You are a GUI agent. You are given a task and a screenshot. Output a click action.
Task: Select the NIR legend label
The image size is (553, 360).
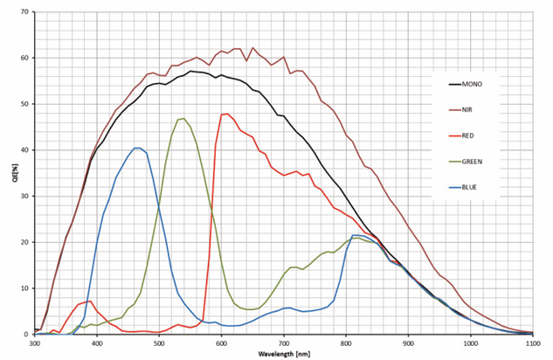480,109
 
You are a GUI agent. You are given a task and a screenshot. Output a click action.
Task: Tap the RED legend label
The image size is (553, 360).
480,135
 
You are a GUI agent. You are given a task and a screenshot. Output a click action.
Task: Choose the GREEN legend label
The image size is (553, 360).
485,161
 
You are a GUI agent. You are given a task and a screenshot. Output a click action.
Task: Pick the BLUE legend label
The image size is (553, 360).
482,186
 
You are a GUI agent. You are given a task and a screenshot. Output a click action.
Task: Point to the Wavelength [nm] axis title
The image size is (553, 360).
284,354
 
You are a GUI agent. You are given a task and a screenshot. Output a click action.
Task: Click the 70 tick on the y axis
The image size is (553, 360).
24,12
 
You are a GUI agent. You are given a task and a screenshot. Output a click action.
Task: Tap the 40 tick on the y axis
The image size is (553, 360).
24,150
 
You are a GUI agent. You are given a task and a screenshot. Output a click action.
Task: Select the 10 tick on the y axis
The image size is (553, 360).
24,288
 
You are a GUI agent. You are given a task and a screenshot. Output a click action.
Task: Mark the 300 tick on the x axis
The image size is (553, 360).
35,343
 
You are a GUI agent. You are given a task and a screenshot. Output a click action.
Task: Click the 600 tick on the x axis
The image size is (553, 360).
222,343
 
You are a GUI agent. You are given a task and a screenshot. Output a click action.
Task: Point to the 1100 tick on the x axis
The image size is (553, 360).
532,343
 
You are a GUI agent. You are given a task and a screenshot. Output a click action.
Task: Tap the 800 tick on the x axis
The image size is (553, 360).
346,343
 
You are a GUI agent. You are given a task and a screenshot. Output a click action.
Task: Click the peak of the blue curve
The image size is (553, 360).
137,148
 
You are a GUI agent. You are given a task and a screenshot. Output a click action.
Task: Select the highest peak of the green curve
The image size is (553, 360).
183,119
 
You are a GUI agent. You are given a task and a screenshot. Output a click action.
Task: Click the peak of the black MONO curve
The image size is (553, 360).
190,72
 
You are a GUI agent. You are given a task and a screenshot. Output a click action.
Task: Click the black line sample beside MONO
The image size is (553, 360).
457,84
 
